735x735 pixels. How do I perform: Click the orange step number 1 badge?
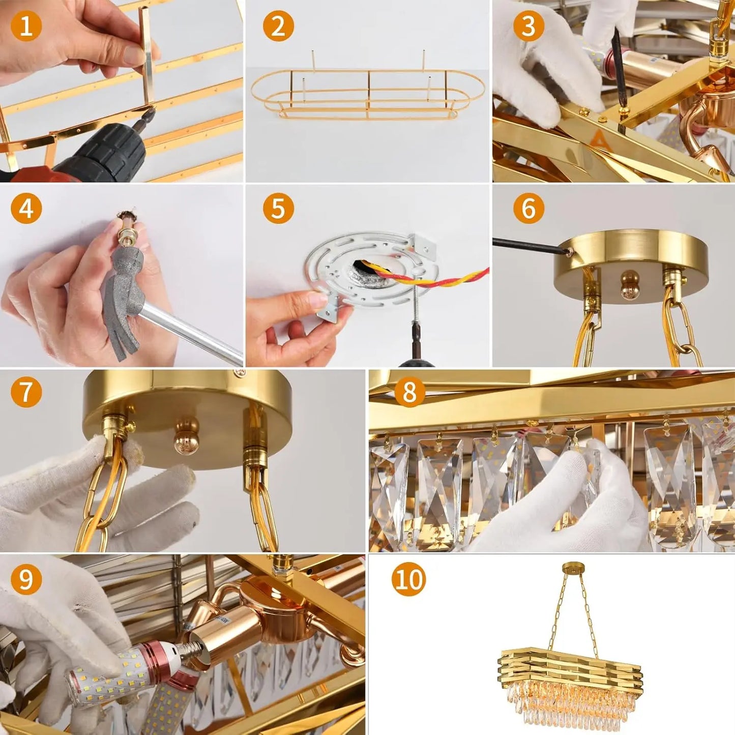pos(25,25)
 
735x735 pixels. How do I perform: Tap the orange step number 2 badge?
pos(278,25)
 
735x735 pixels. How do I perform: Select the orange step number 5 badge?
pos(278,208)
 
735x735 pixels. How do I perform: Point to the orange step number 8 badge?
pos(409,392)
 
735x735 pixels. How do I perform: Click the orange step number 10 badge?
pos(409,578)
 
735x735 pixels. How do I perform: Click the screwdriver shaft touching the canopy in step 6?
pos(529,246)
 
